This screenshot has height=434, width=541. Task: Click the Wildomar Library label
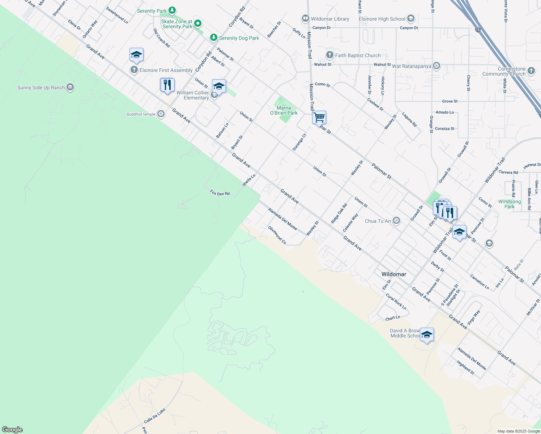tap(330, 19)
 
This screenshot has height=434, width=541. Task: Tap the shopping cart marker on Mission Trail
tap(319, 118)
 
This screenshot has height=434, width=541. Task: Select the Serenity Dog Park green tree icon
tap(214, 38)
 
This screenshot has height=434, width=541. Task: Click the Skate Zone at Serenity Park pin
tap(198, 24)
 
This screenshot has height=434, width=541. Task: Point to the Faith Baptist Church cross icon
tap(329, 55)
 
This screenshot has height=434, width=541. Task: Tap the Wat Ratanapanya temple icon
tap(436, 66)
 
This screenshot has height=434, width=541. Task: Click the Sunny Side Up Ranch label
tap(41, 88)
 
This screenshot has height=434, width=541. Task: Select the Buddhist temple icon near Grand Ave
tap(161, 114)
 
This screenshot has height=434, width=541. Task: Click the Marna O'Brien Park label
tap(284, 110)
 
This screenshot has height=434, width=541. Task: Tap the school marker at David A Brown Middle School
tap(427, 335)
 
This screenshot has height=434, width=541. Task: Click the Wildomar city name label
tap(394, 274)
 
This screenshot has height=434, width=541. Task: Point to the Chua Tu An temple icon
tap(396, 221)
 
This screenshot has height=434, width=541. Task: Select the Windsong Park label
tap(510, 204)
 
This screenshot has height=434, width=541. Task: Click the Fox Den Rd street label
tap(220, 193)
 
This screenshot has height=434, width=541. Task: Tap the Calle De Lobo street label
tap(154, 416)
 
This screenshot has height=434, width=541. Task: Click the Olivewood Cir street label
tap(277, 235)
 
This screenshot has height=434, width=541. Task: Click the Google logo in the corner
tap(12, 430)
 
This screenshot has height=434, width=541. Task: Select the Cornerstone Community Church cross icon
tap(531, 71)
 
